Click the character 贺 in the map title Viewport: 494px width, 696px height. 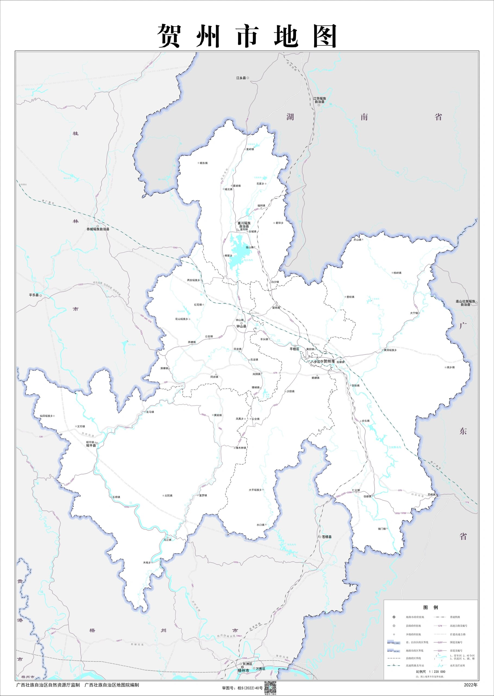[x=170, y=36]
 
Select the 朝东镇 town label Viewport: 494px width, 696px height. [x=204, y=163]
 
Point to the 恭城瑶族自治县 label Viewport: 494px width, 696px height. [x=98, y=229]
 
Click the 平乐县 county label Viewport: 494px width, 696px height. [x=34, y=295]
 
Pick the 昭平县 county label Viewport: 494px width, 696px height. [x=91, y=445]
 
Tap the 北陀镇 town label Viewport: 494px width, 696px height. [x=168, y=495]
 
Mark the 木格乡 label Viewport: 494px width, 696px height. [x=147, y=563]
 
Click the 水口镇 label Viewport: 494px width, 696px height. [x=260, y=525]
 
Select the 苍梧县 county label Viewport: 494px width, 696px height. [x=327, y=537]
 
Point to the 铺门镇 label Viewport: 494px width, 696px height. [x=382, y=529]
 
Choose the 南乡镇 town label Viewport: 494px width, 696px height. [x=451, y=367]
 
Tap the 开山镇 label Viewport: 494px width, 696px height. [x=357, y=240]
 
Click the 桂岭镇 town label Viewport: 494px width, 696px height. [x=397, y=273]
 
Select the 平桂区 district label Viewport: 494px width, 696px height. [x=294, y=349]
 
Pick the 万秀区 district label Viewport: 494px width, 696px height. [x=260, y=669]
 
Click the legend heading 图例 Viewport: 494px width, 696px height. [x=430, y=607]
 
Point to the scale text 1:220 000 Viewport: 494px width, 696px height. [x=437, y=672]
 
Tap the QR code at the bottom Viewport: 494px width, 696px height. [x=270, y=688]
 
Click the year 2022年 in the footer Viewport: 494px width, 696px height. [x=471, y=685]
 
